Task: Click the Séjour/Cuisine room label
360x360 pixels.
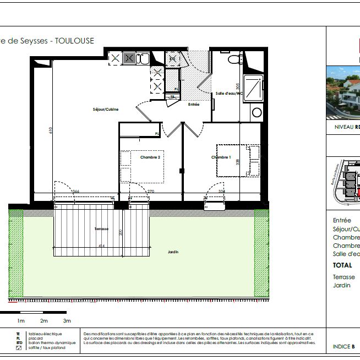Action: pos(106,110)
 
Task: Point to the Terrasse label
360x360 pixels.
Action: pos(101,229)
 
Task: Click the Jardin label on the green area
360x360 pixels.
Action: pos(174,252)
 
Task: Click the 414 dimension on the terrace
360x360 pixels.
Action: pos(102,245)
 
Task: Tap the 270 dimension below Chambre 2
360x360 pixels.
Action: pos(151,192)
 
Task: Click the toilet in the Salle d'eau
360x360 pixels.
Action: pos(234,59)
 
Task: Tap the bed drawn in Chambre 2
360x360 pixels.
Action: pos(142,166)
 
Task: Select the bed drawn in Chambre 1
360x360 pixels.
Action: pos(238,160)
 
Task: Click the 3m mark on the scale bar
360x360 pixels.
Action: pos(67,320)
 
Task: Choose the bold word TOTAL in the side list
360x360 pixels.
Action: pos(342,265)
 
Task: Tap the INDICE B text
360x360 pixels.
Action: pos(344,347)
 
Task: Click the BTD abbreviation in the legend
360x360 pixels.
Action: pos(18,343)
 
